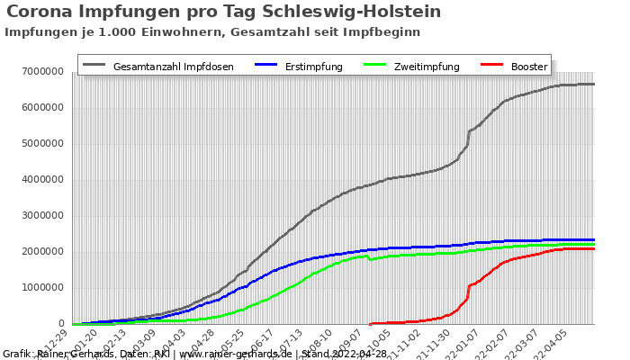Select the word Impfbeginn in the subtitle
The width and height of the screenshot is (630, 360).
382,31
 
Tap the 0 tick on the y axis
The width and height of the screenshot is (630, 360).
63,323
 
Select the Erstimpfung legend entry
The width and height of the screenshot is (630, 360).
313,67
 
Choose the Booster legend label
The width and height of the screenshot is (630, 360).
528,67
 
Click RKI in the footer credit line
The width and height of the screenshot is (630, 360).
161,354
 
